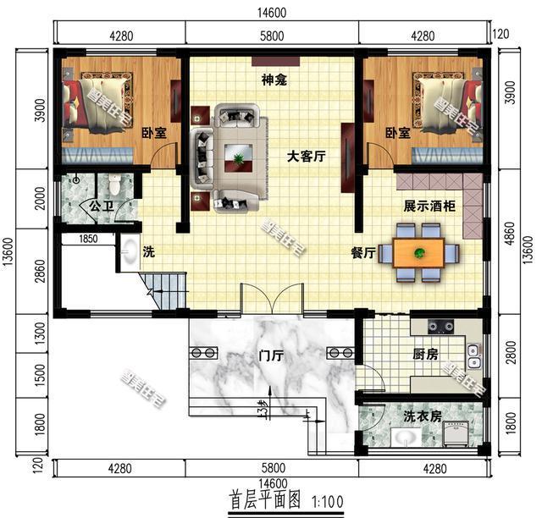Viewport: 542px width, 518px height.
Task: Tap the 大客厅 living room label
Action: (307, 157)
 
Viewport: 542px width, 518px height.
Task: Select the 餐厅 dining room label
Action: (363, 251)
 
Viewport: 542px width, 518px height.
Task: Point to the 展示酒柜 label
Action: (429, 206)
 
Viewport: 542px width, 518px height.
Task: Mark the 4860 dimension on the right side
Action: (508, 232)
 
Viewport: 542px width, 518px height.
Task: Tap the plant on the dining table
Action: (418, 251)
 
